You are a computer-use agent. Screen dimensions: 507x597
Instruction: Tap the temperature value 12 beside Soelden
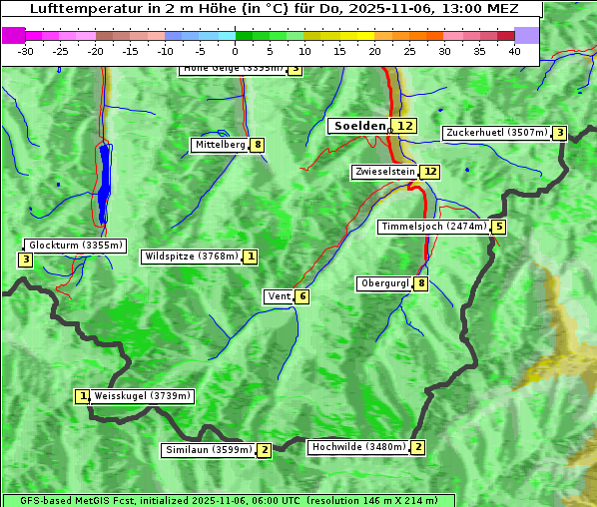(403, 126)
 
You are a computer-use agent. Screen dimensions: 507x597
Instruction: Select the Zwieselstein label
(384, 172)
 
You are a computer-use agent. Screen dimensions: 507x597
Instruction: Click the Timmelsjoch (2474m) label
(434, 227)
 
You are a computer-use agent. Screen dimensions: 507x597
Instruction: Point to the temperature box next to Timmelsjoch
(499, 227)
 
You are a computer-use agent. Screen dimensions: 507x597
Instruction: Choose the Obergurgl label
(384, 283)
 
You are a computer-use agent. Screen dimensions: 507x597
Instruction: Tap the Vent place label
(279, 296)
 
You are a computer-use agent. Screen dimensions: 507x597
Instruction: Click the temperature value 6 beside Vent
(301, 296)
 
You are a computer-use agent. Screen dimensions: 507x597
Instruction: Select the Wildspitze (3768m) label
(192, 256)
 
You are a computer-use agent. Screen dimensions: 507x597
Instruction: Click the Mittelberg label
(220, 145)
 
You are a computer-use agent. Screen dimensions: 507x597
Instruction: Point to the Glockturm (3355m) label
(75, 246)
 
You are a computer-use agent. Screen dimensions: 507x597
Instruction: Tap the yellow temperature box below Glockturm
(25, 260)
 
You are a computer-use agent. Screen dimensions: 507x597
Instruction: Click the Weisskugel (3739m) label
(142, 396)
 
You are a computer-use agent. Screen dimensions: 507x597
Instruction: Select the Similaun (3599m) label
(209, 450)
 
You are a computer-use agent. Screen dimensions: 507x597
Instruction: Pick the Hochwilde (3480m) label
(357, 447)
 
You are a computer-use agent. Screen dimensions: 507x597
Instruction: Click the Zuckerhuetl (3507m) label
(496, 133)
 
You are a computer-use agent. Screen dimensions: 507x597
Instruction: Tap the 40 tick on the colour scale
(514, 52)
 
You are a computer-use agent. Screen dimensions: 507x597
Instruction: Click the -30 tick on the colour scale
(25, 52)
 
